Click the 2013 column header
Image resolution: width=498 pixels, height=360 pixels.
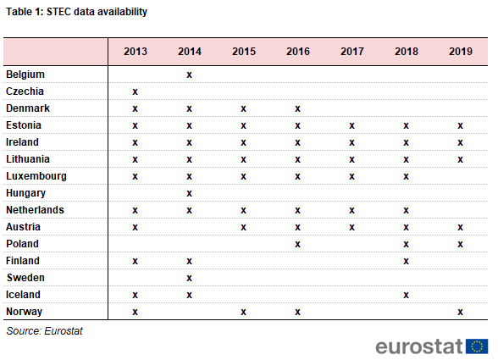tap(136, 52)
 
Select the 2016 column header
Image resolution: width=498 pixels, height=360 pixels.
tap(298, 52)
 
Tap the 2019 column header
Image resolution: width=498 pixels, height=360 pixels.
tap(461, 52)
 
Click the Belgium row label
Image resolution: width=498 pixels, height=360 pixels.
tap(25, 75)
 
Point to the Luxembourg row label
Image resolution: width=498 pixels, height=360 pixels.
tap(36, 176)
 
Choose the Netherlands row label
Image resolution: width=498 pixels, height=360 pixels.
tap(35, 210)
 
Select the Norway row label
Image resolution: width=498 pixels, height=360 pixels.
tap(24, 312)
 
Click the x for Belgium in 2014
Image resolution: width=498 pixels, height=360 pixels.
tap(190, 75)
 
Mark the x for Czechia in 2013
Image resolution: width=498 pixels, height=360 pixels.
tap(135, 91)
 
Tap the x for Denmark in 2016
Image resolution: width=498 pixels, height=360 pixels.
tap(297, 109)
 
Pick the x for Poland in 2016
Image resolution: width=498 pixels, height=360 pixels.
tap(297, 244)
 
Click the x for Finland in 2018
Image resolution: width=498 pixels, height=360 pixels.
tap(406, 261)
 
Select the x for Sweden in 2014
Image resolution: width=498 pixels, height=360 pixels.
tap(190, 279)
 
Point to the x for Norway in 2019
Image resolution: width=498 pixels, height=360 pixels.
tap(460, 312)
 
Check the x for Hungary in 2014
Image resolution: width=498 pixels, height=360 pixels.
tap(190, 193)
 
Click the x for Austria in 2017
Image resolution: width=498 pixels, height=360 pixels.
tap(352, 228)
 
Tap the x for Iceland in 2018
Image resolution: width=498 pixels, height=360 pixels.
tap(406, 295)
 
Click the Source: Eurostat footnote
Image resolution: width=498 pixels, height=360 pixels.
tap(44, 331)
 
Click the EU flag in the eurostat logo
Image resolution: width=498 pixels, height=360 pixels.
tap(477, 346)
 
